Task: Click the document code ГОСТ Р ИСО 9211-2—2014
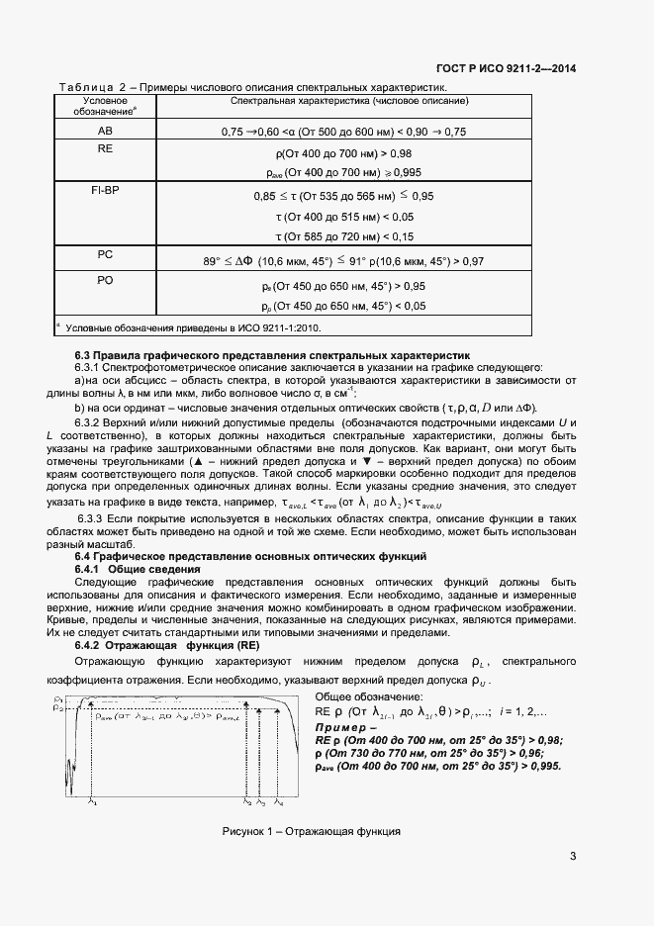pos(506,68)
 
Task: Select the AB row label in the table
pos(104,131)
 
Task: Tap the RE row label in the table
pos(104,147)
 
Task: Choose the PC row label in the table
pos(104,254)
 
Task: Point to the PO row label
pos(104,281)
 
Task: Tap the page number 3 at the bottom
pos(573,856)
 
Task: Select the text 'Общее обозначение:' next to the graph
pos(363,697)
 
